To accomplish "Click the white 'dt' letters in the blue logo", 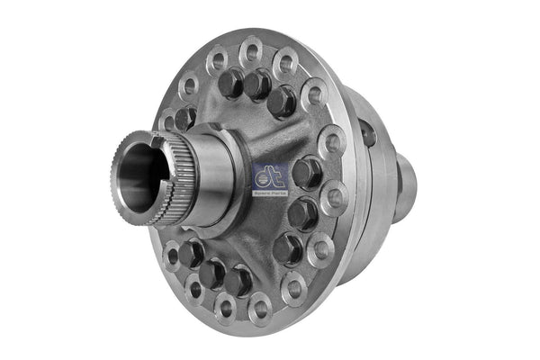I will [x=269, y=168].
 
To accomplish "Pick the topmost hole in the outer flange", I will [x=252, y=49].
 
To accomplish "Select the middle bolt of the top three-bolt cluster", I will [x=257, y=84].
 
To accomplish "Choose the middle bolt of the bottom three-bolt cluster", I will [x=212, y=271].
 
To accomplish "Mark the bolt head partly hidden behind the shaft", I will [x=184, y=118].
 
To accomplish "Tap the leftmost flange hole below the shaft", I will [x=172, y=256].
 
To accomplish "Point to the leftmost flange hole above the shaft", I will [x=168, y=119].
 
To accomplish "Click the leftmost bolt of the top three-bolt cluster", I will [x=230, y=84].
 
